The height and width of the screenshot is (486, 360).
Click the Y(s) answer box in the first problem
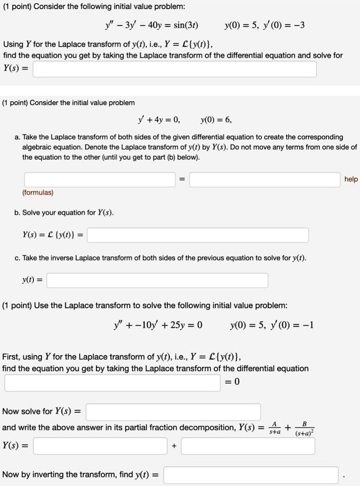tap(175, 69)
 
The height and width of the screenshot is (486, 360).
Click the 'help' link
tap(351, 179)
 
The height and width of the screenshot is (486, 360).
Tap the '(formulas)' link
tap(38, 193)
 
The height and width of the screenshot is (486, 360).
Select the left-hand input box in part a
tap(100, 179)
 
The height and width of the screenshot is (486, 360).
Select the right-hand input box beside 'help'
tap(264, 179)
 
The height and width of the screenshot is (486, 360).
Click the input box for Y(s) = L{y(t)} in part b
tap(198, 235)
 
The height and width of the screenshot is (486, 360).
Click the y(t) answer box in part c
tap(157, 281)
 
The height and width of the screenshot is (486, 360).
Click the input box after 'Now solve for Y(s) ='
tap(173, 411)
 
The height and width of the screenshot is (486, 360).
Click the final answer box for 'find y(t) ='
tap(252, 475)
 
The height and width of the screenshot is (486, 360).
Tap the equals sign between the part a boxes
tap(183, 180)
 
